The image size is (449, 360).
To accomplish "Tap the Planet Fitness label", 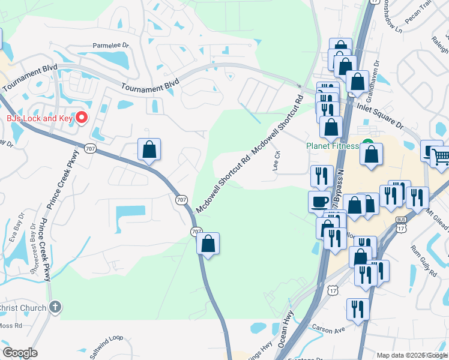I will tap(332, 146).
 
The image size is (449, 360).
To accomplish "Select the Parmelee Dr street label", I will tap(110, 45).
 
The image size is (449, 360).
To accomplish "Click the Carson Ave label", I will tap(328, 329).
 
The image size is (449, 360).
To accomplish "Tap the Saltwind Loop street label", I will tap(106, 347).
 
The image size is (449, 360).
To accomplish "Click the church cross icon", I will tap(55, 308).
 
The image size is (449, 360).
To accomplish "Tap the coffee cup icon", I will tap(318, 201).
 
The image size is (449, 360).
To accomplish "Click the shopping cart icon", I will tap(440, 157).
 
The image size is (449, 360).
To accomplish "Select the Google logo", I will tap(20, 353).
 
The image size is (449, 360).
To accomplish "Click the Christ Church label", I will tap(23, 308).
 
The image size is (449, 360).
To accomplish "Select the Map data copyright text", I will tap(411, 355).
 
